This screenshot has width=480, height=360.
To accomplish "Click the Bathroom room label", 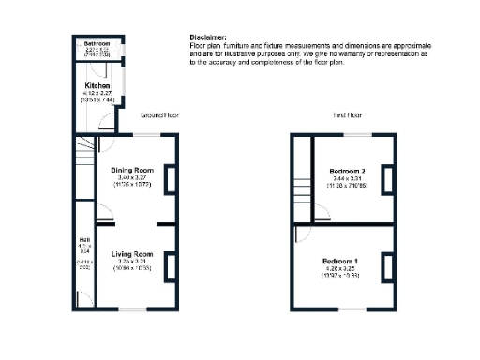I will (96, 44).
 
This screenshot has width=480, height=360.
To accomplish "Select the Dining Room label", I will (131, 142).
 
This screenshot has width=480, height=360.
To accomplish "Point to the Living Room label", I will (132, 254).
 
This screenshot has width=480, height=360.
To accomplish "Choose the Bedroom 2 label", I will (347, 172).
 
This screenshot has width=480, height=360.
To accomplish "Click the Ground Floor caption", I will (159, 115).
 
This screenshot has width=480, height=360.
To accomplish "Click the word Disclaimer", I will (207, 37).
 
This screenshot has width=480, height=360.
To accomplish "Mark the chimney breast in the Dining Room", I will (169, 179).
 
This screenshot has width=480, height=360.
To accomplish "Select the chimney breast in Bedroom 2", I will (384, 178).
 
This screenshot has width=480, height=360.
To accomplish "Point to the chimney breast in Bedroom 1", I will (384, 267).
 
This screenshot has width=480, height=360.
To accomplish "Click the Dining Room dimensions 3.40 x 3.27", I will (131, 151).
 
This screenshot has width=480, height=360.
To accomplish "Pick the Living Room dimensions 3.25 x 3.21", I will (132, 262).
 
